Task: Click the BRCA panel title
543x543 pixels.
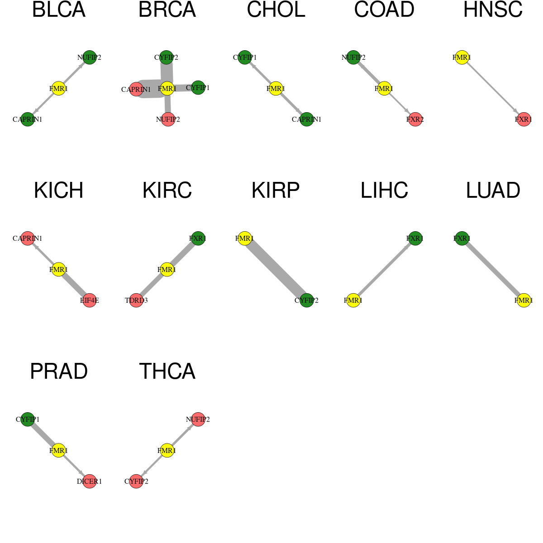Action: [167, 10]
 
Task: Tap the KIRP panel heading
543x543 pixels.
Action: [275, 191]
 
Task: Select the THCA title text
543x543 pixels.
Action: [167, 372]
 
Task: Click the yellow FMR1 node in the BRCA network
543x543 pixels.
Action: [167, 89]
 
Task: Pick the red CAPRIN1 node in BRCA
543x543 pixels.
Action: [136, 89]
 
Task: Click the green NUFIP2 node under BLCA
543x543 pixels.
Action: [90, 57]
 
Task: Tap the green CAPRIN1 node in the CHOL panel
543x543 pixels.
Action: [307, 119]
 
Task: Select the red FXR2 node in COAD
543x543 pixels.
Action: [415, 119]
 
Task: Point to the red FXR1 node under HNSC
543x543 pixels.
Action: [524, 119]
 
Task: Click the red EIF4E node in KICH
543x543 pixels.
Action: [90, 300]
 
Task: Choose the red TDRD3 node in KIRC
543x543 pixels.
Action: [136, 300]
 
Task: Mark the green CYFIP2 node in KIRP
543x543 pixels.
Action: [307, 300]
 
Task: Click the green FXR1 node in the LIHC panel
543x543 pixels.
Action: [415, 238]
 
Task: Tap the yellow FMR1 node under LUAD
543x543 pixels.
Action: [524, 300]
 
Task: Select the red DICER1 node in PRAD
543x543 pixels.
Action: [90, 481]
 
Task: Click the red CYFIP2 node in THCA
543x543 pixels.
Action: [136, 481]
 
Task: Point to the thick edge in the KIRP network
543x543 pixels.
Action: [276, 269]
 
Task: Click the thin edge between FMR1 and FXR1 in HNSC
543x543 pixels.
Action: [493, 89]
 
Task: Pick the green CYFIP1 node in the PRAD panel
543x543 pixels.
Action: [28, 419]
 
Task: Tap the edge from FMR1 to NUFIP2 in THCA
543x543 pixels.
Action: [183, 435]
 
